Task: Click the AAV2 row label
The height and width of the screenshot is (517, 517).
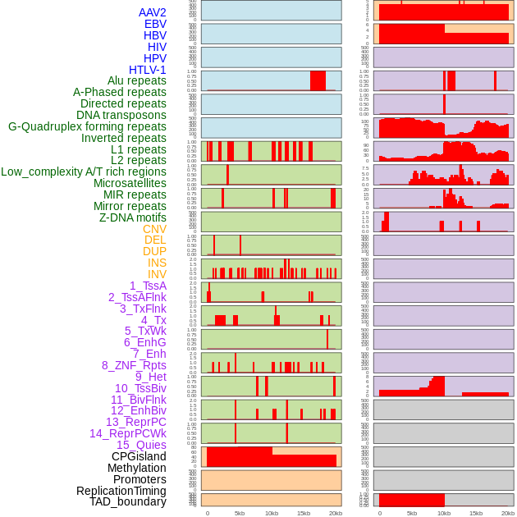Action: point(153,12)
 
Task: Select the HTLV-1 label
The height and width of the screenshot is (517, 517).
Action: point(147,70)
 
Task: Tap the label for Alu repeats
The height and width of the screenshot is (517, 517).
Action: point(137,80)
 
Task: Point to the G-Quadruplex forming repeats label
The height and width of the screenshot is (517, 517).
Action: point(87,126)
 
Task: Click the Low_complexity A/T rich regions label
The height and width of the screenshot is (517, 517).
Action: point(84,172)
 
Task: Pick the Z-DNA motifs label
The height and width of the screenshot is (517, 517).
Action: point(133,217)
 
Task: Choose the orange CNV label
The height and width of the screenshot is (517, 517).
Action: point(154,229)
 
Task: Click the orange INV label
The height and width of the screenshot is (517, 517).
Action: point(157,274)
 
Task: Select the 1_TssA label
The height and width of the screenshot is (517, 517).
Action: point(148,286)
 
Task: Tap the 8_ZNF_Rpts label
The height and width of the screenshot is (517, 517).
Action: point(134,365)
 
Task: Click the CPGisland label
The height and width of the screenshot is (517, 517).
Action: point(139,456)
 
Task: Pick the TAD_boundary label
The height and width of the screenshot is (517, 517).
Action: point(128,501)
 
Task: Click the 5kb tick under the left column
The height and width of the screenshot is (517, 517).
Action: point(240,514)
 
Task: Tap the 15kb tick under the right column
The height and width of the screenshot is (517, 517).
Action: point(476,514)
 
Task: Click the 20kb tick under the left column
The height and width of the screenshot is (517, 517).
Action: point(335,514)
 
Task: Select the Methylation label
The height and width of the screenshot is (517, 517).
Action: point(137,468)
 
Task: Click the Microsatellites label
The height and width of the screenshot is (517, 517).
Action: point(130,183)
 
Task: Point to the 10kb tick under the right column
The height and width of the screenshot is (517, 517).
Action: point(444,514)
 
